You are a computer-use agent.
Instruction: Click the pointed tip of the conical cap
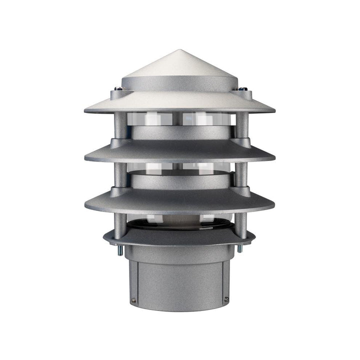[180, 50]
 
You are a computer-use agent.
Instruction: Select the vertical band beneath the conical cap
[180, 83]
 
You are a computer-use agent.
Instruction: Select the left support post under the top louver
[120, 125]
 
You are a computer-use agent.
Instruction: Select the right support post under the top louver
[240, 125]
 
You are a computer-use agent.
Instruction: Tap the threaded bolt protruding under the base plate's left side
[120, 249]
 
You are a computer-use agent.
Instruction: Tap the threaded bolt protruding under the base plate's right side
[240, 248]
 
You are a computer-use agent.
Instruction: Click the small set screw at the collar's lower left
[134, 300]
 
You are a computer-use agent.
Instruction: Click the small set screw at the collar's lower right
[226, 299]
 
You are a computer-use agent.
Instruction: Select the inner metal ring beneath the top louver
[180, 132]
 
